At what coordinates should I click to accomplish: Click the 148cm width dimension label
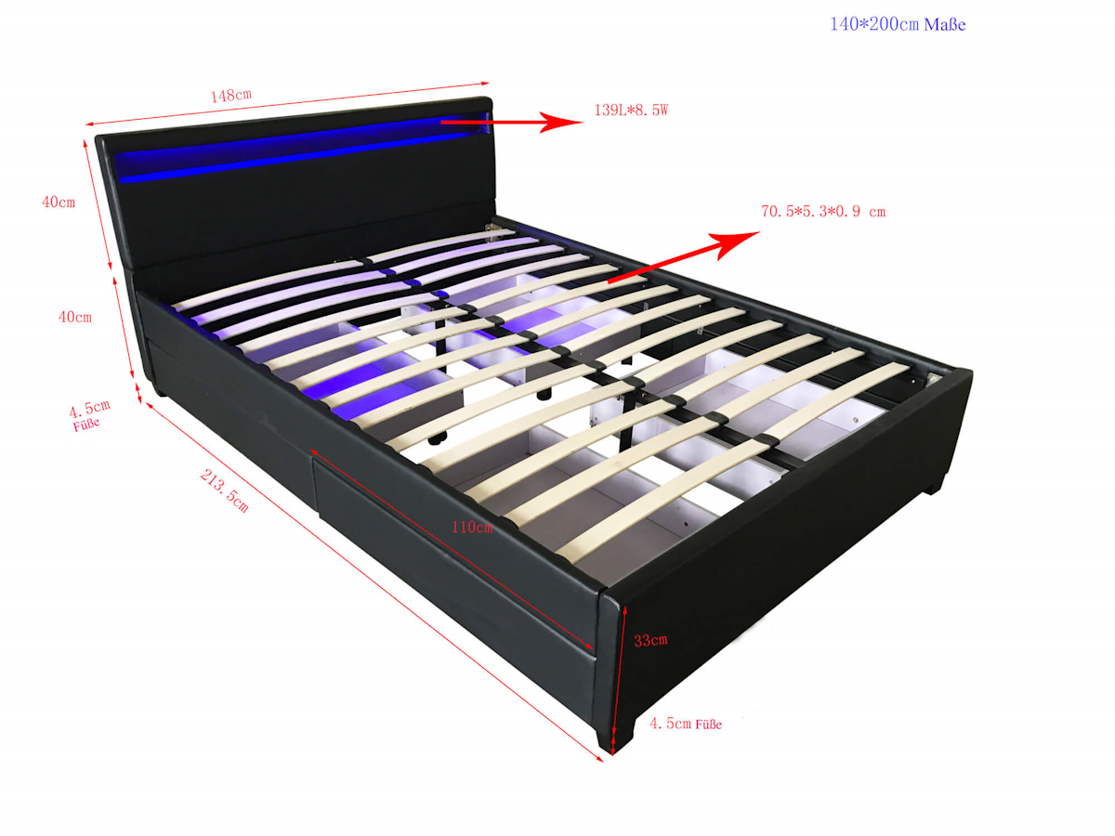231,96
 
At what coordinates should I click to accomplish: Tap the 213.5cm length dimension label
225,490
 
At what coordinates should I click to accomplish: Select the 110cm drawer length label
472,528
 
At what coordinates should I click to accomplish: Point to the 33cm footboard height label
650,641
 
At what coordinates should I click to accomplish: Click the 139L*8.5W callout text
631,111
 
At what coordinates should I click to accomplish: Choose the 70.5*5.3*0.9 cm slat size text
823,211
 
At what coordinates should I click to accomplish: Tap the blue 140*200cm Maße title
898,24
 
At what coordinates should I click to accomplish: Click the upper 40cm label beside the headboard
59,202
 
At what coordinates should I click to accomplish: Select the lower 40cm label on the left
75,318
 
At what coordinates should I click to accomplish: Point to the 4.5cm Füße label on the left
88,415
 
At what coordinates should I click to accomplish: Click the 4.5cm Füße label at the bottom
686,724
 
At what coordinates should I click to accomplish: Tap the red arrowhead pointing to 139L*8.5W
561,122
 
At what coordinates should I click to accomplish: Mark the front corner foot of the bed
616,737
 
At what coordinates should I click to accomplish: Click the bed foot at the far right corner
936,483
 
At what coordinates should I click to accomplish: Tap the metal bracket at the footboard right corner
933,379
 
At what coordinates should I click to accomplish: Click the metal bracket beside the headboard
491,228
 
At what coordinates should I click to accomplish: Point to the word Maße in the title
945,24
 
